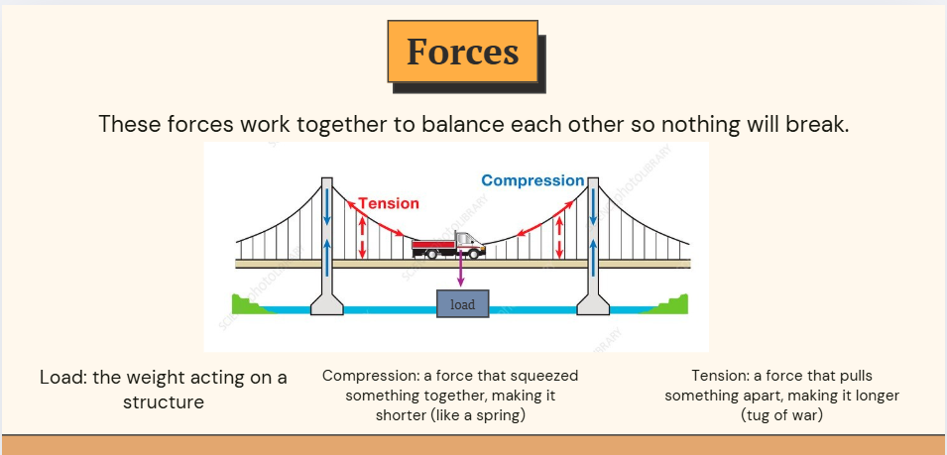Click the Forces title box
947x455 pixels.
point(463,52)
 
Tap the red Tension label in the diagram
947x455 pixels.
point(389,203)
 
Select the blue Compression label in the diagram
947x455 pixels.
point(533,180)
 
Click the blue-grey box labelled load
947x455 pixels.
point(463,303)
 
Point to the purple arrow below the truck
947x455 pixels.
point(460,268)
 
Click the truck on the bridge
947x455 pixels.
point(448,246)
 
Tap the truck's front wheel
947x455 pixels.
point(474,254)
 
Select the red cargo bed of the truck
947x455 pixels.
point(433,245)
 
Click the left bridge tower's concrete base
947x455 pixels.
point(326,303)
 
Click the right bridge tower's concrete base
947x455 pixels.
point(593,303)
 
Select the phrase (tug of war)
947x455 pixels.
point(781,415)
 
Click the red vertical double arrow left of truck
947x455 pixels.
point(362,237)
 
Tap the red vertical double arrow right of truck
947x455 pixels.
point(559,237)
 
